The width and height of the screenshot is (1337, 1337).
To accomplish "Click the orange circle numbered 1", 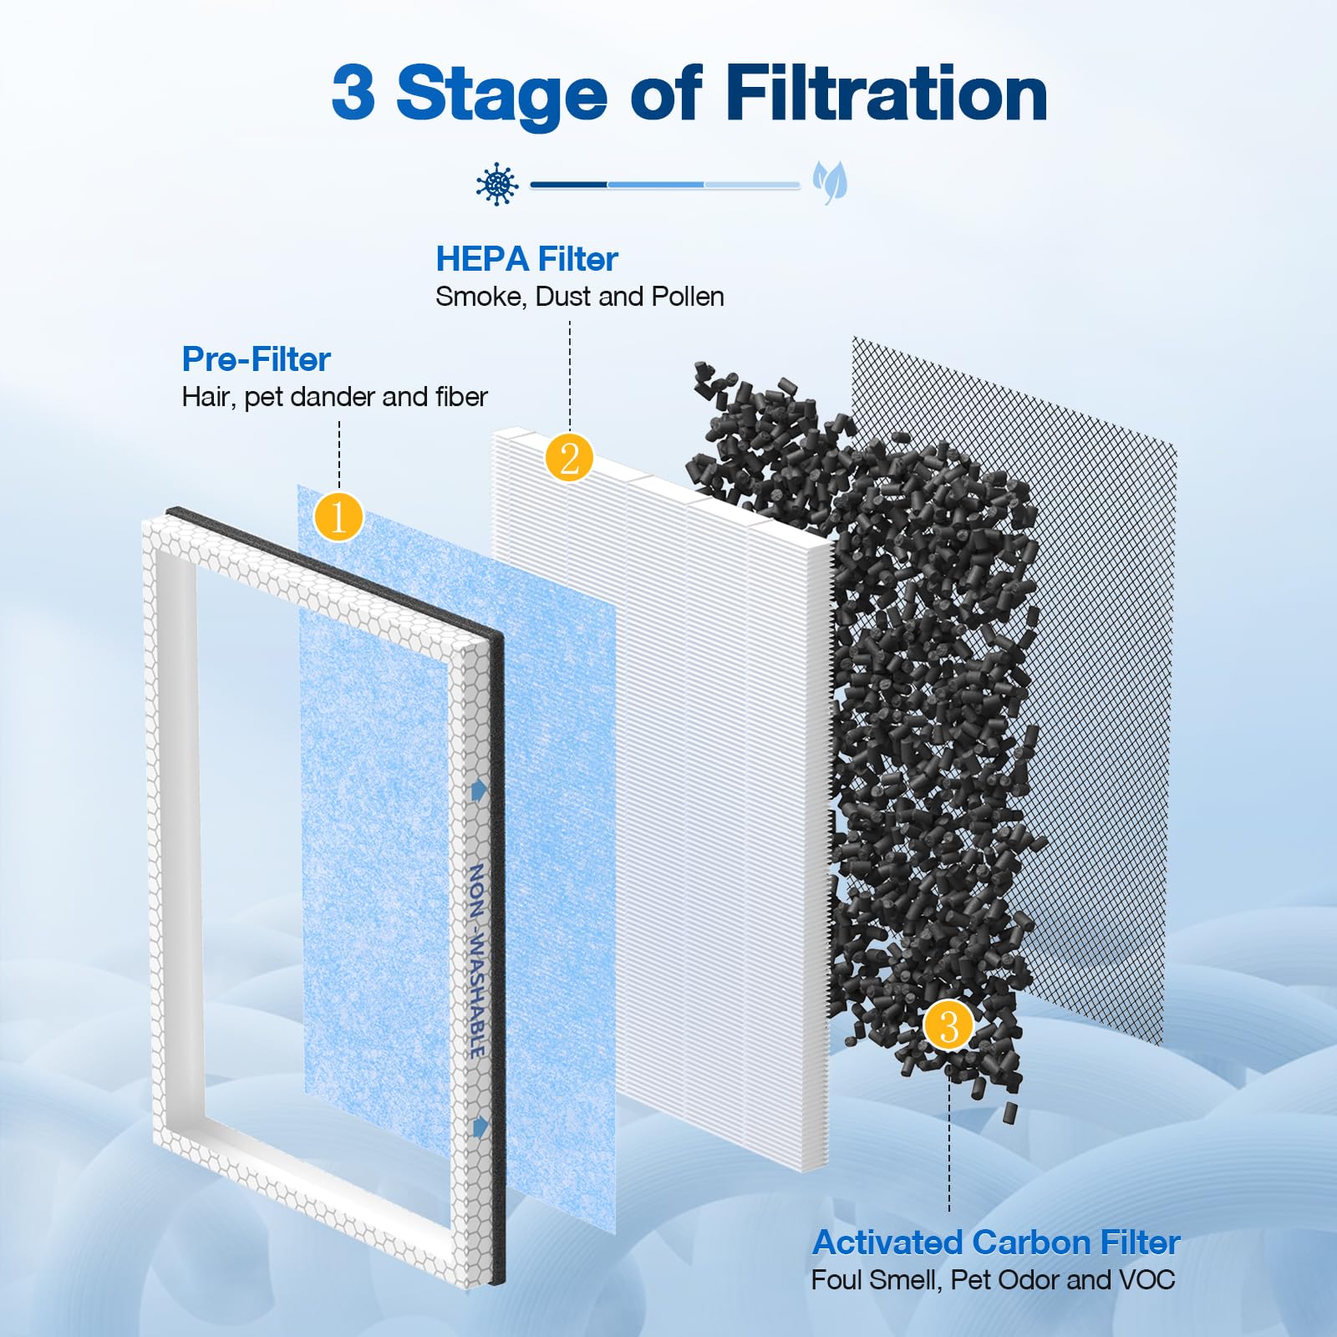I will pyautogui.click(x=338, y=516).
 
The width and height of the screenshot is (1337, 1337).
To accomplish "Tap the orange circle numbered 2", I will pyautogui.click(x=569, y=458).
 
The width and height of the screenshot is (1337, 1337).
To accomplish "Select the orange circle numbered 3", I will pyautogui.click(x=948, y=1025).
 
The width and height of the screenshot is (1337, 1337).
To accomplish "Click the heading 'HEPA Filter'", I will pyautogui.click(x=526, y=259).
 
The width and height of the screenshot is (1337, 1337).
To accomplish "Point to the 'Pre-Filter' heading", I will pyautogui.click(x=257, y=359).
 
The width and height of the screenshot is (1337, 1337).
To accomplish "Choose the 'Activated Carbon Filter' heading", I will pyautogui.click(x=995, y=1243).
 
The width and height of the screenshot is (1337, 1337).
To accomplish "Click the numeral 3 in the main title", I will pyautogui.click(x=353, y=94).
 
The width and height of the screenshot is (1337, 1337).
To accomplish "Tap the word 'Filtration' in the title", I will pyautogui.click(x=886, y=94).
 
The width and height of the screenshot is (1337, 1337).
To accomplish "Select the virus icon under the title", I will pyautogui.click(x=497, y=184).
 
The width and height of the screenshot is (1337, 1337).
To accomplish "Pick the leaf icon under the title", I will pyautogui.click(x=830, y=183).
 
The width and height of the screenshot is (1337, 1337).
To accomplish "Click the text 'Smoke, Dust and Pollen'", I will pyautogui.click(x=580, y=297).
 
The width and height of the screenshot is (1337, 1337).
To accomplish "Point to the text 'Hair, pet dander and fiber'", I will pyautogui.click(x=334, y=397).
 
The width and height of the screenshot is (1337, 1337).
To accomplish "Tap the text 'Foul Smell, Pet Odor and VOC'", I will pyautogui.click(x=993, y=1280).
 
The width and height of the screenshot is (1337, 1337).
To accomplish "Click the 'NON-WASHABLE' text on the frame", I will pyautogui.click(x=476, y=961).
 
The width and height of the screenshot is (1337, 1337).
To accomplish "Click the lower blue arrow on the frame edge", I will pyautogui.click(x=480, y=1127).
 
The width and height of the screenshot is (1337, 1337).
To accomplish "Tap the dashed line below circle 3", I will pyautogui.click(x=949, y=1145).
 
